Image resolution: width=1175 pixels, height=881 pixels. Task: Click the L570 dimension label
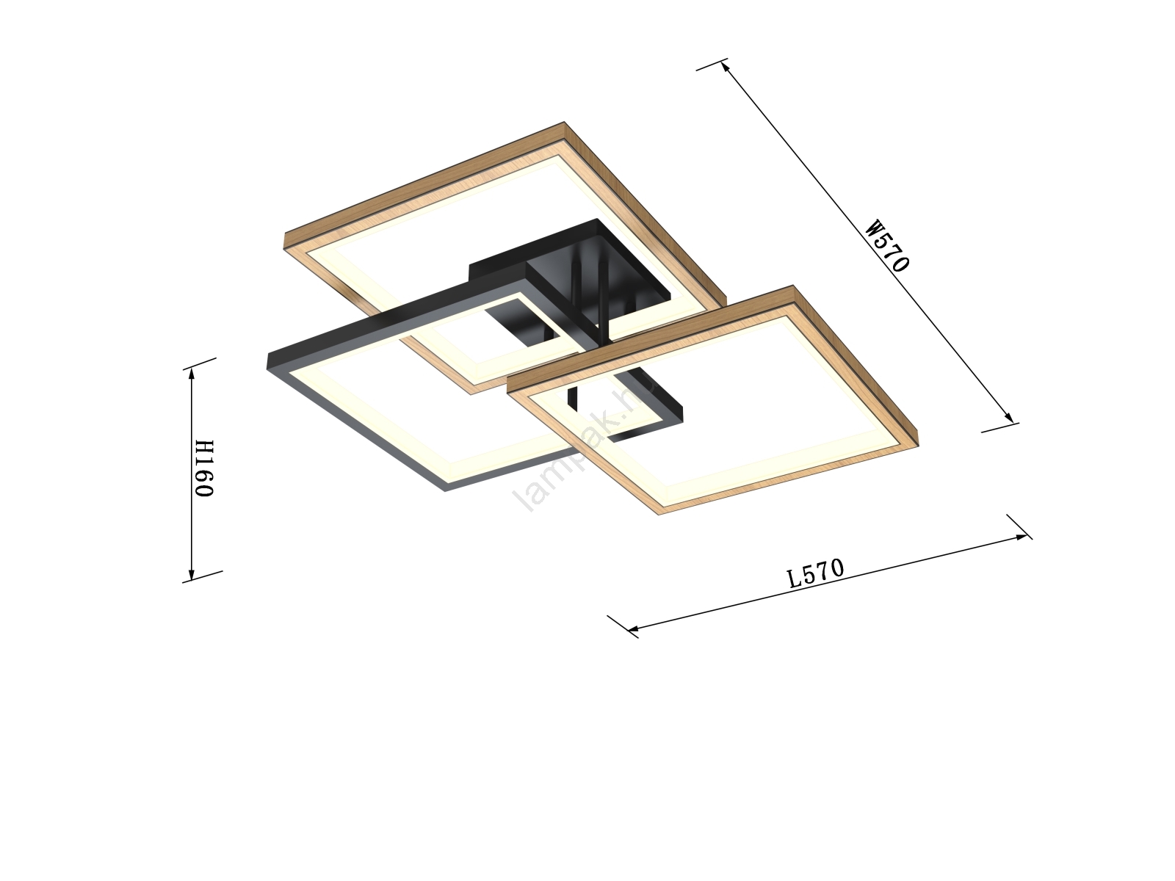(816, 573)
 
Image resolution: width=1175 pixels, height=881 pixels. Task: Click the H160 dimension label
(204, 468)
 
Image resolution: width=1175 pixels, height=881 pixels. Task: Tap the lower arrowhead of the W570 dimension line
(1008, 417)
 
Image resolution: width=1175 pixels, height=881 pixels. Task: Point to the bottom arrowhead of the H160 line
(190, 575)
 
